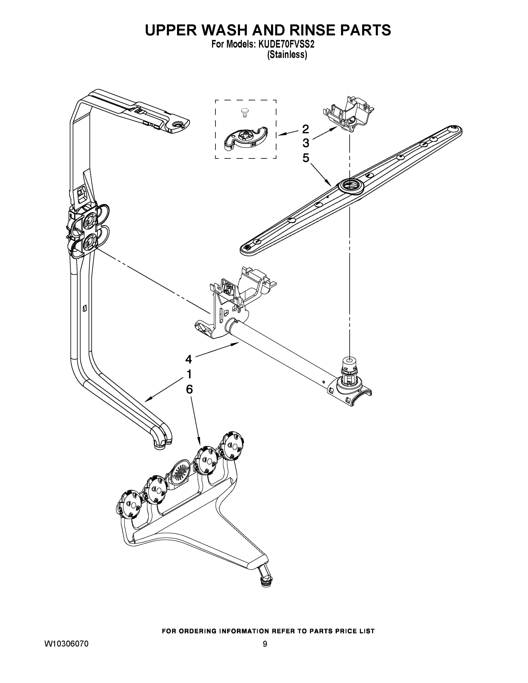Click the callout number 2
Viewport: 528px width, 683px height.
tap(306, 129)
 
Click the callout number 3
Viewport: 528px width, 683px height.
tap(306, 143)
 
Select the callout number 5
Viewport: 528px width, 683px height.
tap(306, 158)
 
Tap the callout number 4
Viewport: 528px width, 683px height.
tap(188, 359)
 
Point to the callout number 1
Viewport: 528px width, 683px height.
tap(189, 374)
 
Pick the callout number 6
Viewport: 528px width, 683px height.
tap(189, 389)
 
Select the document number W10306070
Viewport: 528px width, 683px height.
tap(66, 644)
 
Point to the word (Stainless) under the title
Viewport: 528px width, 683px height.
tap(287, 55)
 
